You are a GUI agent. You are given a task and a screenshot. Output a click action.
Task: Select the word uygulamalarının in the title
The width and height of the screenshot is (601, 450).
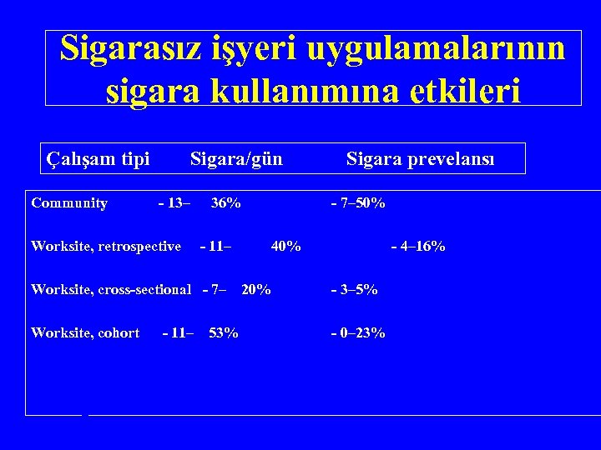[435, 50]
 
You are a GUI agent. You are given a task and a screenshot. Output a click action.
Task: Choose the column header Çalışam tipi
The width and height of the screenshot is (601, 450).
[98, 158]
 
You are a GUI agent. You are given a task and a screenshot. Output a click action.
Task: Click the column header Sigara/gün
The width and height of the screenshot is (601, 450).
[236, 158]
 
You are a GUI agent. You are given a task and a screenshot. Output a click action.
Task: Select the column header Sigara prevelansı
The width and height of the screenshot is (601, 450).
[420, 158]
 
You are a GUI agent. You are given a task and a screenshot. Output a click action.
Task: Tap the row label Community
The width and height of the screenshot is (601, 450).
[69, 203]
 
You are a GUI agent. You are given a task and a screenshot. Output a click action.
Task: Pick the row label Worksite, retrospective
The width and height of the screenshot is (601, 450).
[106, 246]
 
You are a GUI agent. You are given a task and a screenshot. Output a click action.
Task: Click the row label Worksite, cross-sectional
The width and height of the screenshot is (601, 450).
[111, 290]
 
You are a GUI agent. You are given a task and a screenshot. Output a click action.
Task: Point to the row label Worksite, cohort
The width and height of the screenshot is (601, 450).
[85, 333]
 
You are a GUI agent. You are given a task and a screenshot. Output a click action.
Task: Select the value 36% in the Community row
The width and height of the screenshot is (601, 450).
[225, 203]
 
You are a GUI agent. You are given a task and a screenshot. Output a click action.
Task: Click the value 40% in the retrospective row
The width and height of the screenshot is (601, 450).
[286, 246]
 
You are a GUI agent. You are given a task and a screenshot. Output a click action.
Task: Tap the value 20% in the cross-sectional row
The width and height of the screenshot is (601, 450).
[255, 290]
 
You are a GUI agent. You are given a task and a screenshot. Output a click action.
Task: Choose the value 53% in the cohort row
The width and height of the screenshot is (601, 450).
[223, 333]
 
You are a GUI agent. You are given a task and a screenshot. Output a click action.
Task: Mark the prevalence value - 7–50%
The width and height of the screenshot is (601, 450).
[358, 203]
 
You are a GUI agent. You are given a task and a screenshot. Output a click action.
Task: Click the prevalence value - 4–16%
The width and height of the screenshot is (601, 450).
[418, 246]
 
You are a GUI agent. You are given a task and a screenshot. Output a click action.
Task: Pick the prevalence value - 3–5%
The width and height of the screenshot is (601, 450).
[354, 290]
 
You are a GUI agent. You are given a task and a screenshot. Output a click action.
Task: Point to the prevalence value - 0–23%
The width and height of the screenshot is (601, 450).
[358, 333]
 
